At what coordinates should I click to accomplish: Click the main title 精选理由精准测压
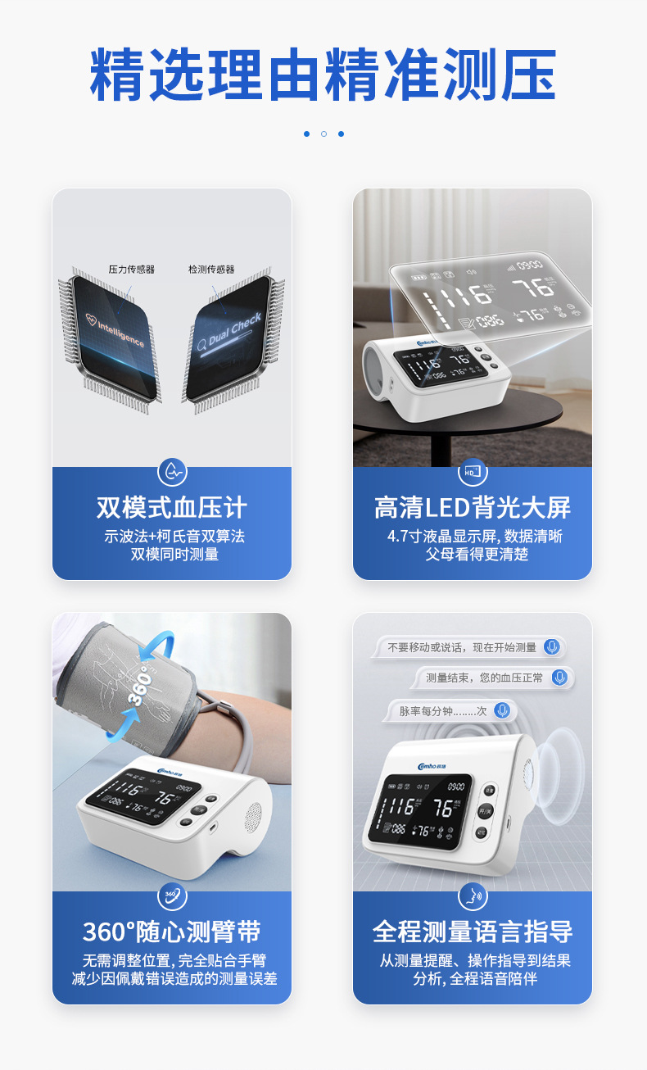click(x=323, y=75)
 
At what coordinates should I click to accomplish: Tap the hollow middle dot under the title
click(x=323, y=134)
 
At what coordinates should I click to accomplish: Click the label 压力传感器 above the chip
click(x=131, y=269)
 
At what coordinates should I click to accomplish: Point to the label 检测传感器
click(x=211, y=269)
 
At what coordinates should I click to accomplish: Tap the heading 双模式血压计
click(x=172, y=508)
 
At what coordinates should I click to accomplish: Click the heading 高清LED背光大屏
click(x=473, y=508)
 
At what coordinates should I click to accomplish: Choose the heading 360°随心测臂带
click(x=172, y=932)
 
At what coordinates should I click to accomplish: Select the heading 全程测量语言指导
click(x=473, y=932)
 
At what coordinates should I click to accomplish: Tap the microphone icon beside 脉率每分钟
click(x=502, y=710)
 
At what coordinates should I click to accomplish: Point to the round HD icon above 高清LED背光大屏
click(x=473, y=472)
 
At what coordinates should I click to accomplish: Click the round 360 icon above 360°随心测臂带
click(x=172, y=895)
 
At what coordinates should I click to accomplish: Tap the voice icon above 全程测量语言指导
click(x=473, y=895)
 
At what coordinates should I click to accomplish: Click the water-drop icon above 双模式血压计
click(x=172, y=472)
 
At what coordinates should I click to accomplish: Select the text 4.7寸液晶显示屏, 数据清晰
click(x=473, y=537)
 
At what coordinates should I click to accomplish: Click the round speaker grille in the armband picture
click(x=253, y=814)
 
